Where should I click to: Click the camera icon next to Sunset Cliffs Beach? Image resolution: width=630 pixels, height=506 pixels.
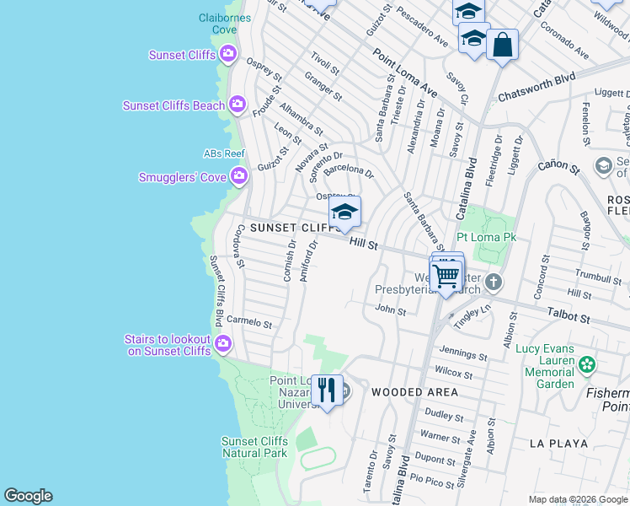tap(238, 105)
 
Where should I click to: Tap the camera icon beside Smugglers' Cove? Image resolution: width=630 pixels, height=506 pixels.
tap(239, 176)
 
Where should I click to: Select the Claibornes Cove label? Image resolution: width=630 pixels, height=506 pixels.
tap(218, 23)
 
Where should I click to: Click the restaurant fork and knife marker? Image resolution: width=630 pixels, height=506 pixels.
tap(327, 390)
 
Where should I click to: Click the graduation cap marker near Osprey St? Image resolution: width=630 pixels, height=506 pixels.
tap(344, 213)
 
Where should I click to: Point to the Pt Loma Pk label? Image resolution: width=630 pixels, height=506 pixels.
tap(485, 238)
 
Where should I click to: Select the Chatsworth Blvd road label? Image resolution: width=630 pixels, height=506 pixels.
tap(536, 87)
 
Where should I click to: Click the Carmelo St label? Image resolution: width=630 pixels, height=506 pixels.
tap(249, 322)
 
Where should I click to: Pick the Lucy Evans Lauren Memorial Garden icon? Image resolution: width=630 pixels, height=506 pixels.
tap(587, 365)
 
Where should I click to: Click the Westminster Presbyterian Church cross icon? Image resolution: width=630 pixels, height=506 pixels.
tap(494, 282)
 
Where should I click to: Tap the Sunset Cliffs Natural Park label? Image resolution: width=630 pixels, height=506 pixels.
tap(254, 447)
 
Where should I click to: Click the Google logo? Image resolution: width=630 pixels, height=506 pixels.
tap(28, 496)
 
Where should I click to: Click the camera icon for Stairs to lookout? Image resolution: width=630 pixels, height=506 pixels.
tap(223, 342)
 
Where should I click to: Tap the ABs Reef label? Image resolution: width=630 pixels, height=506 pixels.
tap(223, 153)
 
